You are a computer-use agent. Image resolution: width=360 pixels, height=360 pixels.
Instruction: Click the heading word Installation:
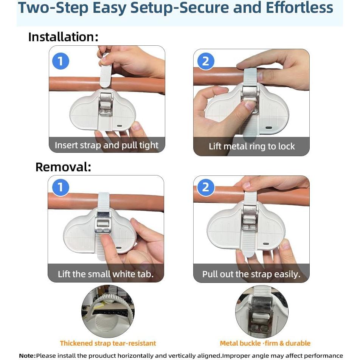pyautogui.click(x=63, y=37)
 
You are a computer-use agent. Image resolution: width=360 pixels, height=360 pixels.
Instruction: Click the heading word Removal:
pyautogui.click(x=63, y=167)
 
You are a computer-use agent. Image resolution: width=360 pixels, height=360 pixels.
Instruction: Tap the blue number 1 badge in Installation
pyautogui.click(x=61, y=61)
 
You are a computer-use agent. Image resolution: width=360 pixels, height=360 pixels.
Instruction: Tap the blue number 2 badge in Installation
pyautogui.click(x=206, y=61)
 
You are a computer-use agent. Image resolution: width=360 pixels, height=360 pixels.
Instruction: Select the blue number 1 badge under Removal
pyautogui.click(x=61, y=187)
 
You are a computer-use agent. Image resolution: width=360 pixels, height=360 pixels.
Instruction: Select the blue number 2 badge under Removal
pyautogui.click(x=206, y=187)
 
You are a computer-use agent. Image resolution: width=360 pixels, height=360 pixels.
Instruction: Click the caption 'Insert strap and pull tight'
pyautogui.click(x=107, y=145)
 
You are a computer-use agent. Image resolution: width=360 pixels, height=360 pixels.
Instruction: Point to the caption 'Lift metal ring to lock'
pyautogui.click(x=251, y=146)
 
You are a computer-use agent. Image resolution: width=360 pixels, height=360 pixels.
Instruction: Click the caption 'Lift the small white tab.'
pyautogui.click(x=106, y=274)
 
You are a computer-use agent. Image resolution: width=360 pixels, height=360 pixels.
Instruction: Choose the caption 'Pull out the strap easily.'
pyautogui.click(x=251, y=274)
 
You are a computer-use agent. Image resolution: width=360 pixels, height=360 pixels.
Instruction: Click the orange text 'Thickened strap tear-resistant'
pyautogui.click(x=108, y=343)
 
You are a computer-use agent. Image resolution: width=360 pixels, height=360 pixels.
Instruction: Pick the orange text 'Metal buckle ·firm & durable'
pyautogui.click(x=265, y=343)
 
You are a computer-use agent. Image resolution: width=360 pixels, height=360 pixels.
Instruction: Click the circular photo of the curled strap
pyautogui.click(x=108, y=311)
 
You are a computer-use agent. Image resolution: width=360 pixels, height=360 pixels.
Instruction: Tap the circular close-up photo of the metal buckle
pyautogui.click(x=262, y=311)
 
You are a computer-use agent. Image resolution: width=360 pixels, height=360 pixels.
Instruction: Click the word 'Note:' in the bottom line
pyautogui.click(x=28, y=355)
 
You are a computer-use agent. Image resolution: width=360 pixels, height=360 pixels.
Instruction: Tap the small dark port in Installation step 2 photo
pyautogui.click(x=269, y=128)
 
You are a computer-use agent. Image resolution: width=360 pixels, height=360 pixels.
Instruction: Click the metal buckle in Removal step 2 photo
pyautogui.click(x=250, y=218)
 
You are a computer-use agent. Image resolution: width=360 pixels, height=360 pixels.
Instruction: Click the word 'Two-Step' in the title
pyautogui.click(x=53, y=8)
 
